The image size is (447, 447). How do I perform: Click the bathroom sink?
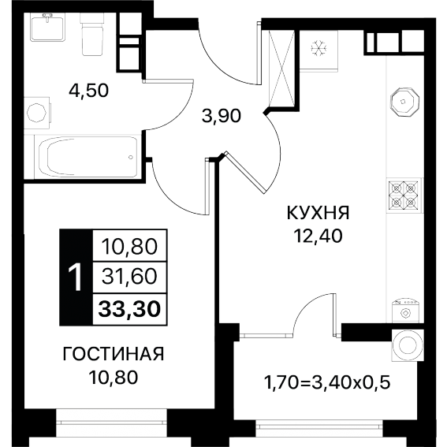(x=48, y=27)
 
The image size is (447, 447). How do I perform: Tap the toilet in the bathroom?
(x=92, y=34)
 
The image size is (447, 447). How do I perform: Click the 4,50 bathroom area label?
(x=88, y=91)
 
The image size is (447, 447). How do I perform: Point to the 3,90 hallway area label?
(x=222, y=116)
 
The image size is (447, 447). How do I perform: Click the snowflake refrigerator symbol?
(x=319, y=48)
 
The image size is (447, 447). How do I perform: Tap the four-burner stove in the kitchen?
(x=404, y=196)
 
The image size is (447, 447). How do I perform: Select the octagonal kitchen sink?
(x=404, y=102)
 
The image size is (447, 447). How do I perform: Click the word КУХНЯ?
(x=318, y=213)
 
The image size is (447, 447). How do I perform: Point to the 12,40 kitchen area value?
(x=318, y=236)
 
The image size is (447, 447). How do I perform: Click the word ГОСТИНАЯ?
(x=114, y=354)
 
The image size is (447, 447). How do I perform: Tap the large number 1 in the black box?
(x=76, y=277)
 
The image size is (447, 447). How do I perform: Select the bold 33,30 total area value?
(x=129, y=309)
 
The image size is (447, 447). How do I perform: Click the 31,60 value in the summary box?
(x=129, y=277)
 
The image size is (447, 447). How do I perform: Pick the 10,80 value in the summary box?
(x=129, y=247)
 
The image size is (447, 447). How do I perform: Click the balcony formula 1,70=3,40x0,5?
(x=327, y=382)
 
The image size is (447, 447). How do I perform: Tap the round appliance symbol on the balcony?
(x=408, y=345)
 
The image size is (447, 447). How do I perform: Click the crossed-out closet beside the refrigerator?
(x=282, y=69)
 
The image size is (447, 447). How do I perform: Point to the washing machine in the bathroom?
(x=38, y=113)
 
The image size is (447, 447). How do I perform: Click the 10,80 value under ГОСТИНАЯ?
(x=114, y=377)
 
